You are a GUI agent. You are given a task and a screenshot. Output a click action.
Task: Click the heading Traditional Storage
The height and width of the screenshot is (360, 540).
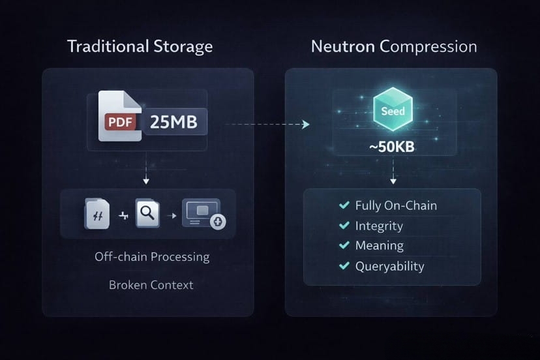pyautogui.click(x=140, y=46)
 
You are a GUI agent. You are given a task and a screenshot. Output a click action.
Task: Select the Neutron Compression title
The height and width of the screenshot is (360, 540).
pyautogui.click(x=393, y=46)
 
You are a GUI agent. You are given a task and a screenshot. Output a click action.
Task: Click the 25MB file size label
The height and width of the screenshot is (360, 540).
pyautogui.click(x=173, y=121)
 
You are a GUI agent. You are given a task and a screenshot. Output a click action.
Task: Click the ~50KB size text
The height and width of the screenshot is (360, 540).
pyautogui.click(x=392, y=147)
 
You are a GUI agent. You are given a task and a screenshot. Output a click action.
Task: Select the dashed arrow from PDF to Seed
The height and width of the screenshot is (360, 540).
pyautogui.click(x=266, y=124)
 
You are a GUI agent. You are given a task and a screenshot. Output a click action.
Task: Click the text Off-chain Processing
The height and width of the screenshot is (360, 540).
pyautogui.click(x=152, y=256)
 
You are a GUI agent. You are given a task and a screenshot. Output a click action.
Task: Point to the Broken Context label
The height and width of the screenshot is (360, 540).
pyautogui.click(x=151, y=285)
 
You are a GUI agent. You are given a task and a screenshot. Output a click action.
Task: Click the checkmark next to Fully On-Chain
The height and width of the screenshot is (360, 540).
pyautogui.click(x=344, y=205)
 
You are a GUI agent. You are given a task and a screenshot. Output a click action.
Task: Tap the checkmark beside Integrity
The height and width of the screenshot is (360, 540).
pyautogui.click(x=344, y=226)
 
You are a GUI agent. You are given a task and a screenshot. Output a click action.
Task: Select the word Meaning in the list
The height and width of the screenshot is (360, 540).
pyautogui.click(x=379, y=246)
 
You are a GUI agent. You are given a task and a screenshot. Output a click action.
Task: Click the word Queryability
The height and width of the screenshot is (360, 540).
pyautogui.click(x=389, y=266)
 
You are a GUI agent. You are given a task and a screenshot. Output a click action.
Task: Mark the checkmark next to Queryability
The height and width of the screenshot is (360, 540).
pyautogui.click(x=344, y=266)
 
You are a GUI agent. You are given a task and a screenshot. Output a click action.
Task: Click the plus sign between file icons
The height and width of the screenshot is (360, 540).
pyautogui.click(x=123, y=215)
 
